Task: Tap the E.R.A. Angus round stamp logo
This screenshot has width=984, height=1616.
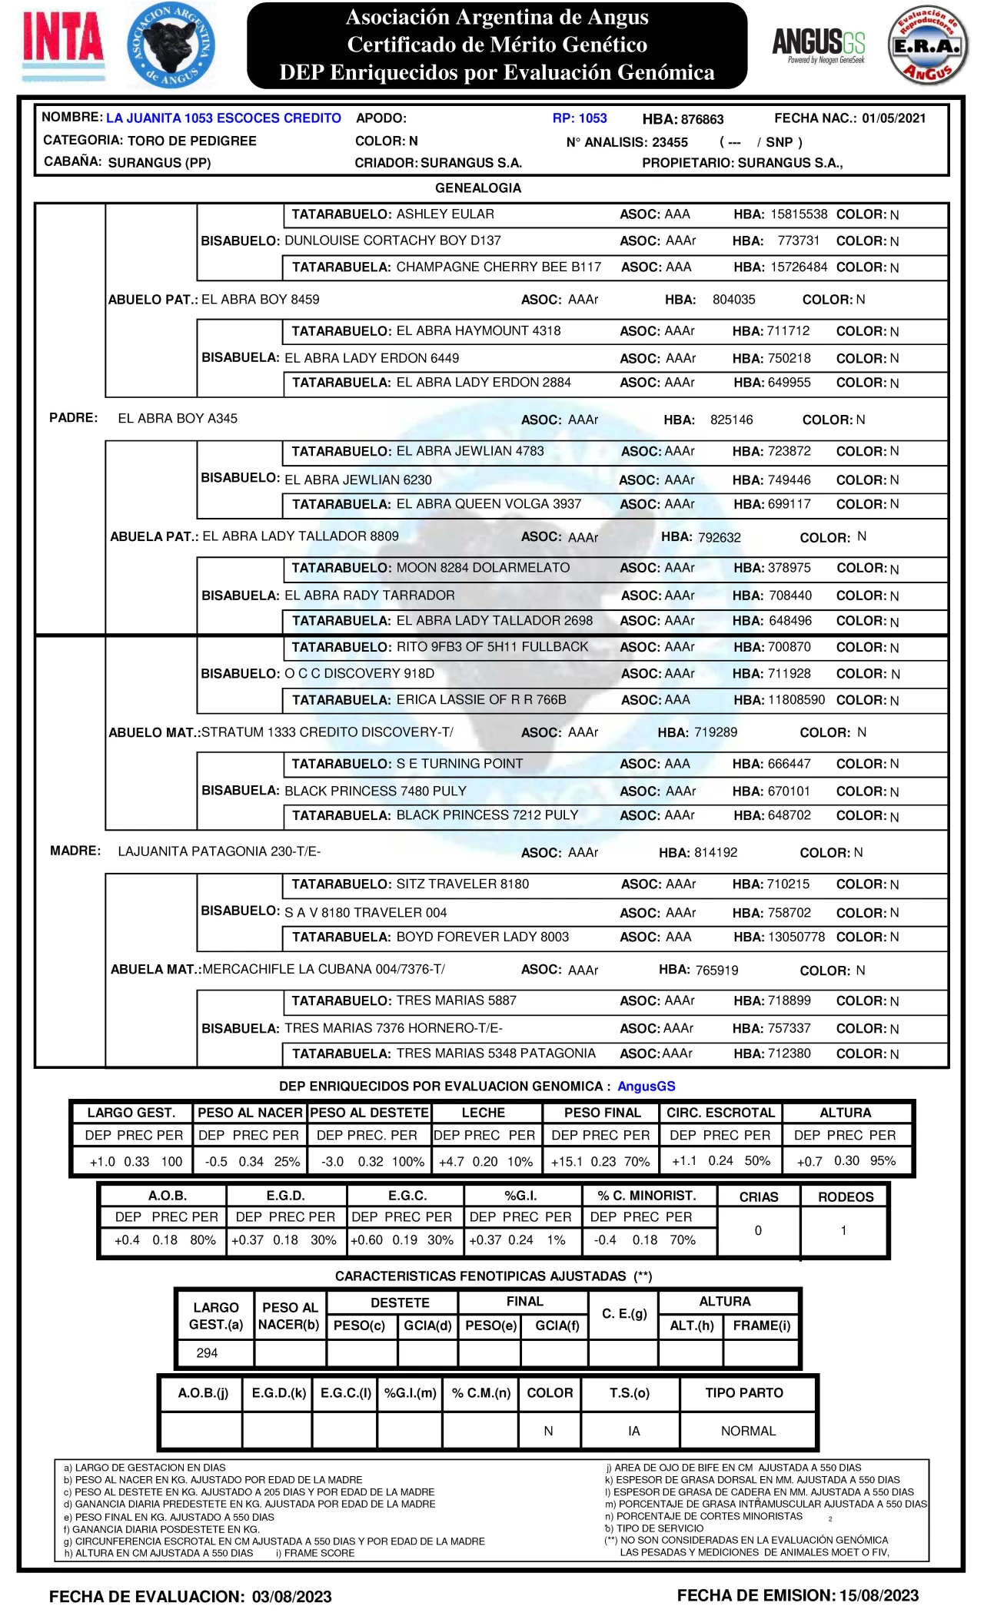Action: click(x=927, y=46)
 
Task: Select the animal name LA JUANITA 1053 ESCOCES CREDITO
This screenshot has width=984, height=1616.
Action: click(x=224, y=118)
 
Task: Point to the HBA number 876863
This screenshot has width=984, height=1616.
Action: click(x=702, y=119)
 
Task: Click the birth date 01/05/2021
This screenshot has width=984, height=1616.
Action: click(x=893, y=118)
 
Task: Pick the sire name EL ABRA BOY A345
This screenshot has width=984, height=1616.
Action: click(x=178, y=419)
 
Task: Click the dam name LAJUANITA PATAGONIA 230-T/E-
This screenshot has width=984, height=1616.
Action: click(x=219, y=851)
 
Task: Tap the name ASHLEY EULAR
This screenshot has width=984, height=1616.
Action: click(x=445, y=214)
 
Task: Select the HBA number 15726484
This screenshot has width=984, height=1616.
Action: click(x=799, y=267)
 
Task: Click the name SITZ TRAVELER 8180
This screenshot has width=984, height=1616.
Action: click(x=463, y=884)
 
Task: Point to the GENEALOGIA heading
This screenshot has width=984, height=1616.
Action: click(x=478, y=188)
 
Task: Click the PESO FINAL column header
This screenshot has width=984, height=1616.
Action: click(x=602, y=1113)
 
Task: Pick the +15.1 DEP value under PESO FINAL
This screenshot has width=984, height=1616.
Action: click(x=567, y=1162)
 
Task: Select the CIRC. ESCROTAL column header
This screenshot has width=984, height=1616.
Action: click(x=720, y=1113)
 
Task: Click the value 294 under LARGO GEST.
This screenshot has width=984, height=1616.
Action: click(x=207, y=1353)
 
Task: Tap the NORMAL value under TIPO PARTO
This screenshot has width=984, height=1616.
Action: click(x=748, y=1431)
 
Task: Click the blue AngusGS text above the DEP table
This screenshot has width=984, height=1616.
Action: click(x=646, y=1087)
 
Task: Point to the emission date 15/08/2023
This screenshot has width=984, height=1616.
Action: click(x=879, y=1596)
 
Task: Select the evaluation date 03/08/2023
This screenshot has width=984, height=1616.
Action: click(x=291, y=1597)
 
